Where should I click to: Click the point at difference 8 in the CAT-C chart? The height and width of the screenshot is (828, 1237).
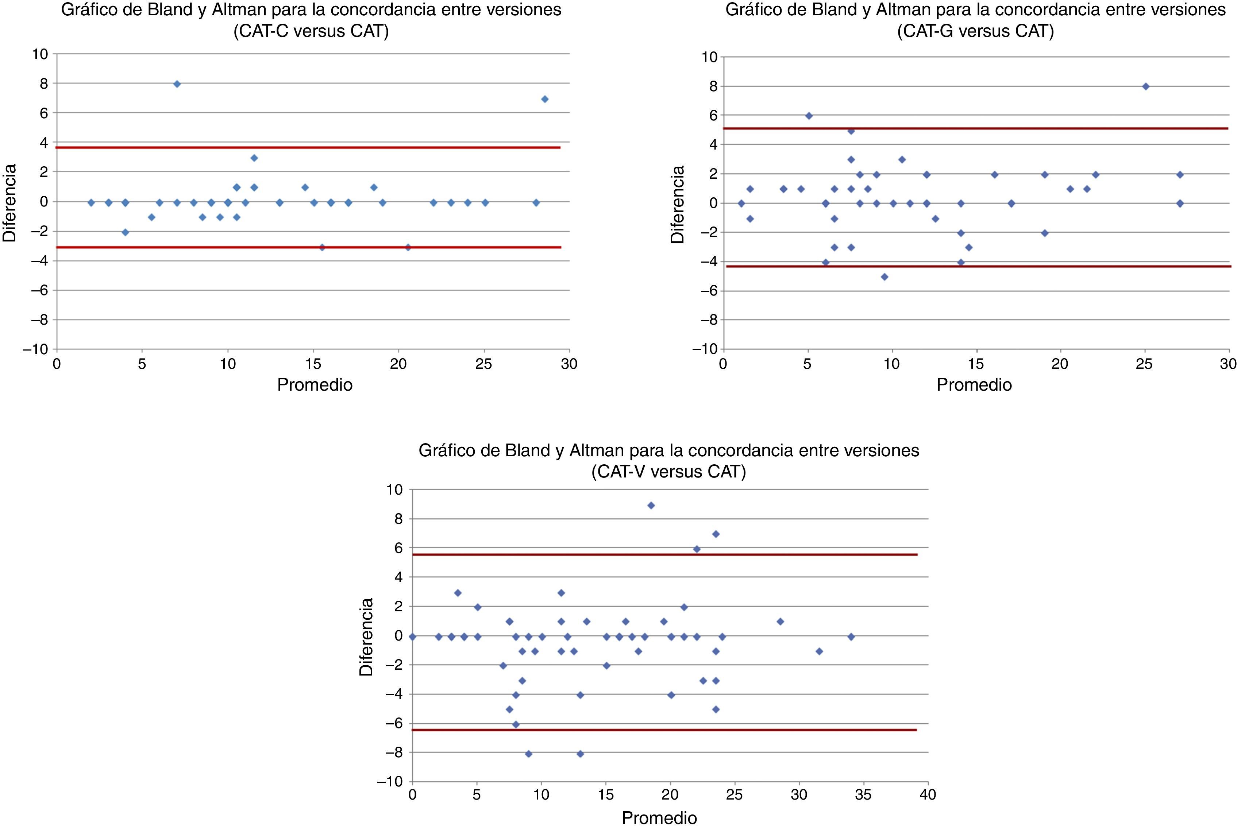(x=177, y=84)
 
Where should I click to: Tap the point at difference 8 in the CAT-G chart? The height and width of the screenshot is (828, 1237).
(x=1146, y=86)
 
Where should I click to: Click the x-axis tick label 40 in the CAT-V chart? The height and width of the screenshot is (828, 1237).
(x=928, y=795)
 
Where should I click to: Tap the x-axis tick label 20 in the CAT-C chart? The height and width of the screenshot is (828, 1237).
(x=398, y=364)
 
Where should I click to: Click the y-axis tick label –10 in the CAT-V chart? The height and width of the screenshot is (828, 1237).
(x=389, y=782)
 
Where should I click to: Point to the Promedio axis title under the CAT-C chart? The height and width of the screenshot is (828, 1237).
(x=315, y=385)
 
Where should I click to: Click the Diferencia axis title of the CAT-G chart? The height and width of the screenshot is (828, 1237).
(x=677, y=204)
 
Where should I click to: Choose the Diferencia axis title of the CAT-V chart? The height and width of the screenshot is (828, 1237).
(x=366, y=637)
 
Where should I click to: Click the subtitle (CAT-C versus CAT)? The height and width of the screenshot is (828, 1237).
(x=311, y=32)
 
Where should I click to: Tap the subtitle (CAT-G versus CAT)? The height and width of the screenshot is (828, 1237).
(x=975, y=32)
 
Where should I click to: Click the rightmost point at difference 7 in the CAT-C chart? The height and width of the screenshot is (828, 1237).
(x=544, y=99)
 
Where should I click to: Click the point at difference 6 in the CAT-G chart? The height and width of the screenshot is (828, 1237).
(x=809, y=116)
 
